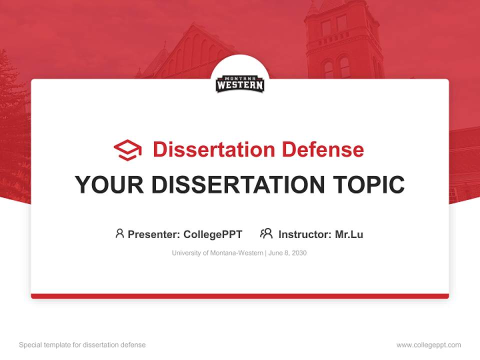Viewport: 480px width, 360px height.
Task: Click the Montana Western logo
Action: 240,84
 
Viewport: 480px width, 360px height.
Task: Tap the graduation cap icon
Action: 127,150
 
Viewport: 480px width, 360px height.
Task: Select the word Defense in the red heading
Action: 322,149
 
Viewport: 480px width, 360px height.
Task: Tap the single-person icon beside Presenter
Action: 119,233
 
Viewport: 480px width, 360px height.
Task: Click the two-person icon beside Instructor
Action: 266,233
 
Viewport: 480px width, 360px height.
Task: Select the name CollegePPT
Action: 212,234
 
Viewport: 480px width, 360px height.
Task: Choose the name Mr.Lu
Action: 349,234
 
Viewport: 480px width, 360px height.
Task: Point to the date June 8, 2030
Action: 287,253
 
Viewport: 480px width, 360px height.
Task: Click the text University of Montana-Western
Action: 217,253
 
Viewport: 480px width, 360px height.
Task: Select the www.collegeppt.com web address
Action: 428,345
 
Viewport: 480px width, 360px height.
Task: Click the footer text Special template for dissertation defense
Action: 82,345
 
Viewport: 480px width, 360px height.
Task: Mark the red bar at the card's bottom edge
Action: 240,296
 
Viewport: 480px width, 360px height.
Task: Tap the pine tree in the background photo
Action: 12,125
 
